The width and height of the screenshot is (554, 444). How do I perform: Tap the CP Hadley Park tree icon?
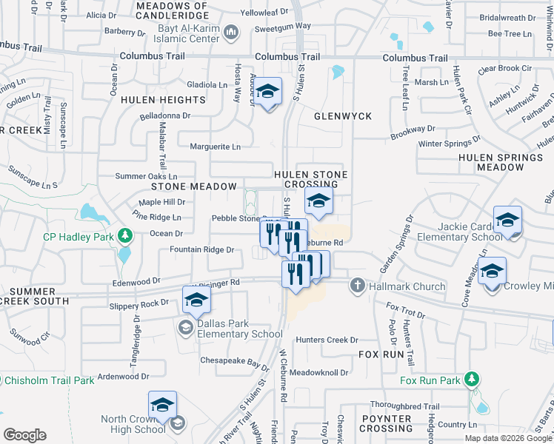pos(126,236)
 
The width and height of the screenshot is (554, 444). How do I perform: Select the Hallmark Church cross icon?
pos(357,286)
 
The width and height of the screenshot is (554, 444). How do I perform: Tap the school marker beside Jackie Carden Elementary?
pos(508,221)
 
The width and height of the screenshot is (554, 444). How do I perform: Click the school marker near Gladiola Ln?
pos(268,93)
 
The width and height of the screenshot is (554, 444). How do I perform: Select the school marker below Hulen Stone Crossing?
pos(318,202)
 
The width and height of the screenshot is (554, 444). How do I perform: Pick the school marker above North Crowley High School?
pos(162,406)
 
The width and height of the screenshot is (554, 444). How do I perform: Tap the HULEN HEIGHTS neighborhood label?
pos(163,100)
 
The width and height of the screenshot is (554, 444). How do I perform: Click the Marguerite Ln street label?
pos(216,147)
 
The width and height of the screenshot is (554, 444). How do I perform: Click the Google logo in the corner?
pos(24,434)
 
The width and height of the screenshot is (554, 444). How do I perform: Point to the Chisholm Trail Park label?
pos(50,380)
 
